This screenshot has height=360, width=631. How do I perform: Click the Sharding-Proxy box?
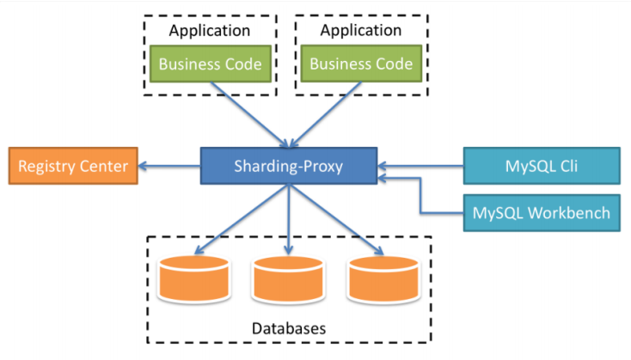click(x=289, y=166)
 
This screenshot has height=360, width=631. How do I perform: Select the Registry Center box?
click(x=73, y=166)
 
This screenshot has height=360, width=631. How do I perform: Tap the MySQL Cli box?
click(x=542, y=166)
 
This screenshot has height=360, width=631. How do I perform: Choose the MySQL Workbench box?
click(x=542, y=213)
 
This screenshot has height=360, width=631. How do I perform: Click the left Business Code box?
click(x=210, y=64)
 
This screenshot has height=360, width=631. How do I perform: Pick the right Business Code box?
click(x=361, y=64)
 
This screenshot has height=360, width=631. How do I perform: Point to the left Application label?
click(x=209, y=31)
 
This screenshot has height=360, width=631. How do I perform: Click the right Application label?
click(x=360, y=30)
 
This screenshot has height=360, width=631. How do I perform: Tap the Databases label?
click(x=289, y=328)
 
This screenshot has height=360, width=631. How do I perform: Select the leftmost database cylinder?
click(x=194, y=278)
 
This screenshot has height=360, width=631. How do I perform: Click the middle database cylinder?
click(x=288, y=279)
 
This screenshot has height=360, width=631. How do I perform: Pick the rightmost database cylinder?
click(x=383, y=279)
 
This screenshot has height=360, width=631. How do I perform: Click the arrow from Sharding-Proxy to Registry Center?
click(x=169, y=166)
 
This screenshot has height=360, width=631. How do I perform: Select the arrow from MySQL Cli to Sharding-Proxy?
click(x=420, y=166)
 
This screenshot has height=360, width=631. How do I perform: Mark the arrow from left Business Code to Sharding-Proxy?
click(x=250, y=115)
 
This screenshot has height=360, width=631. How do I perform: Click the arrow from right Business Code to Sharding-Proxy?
click(x=325, y=115)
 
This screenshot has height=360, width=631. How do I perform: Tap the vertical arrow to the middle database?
click(x=289, y=220)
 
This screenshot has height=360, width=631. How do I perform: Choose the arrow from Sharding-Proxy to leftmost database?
click(x=241, y=220)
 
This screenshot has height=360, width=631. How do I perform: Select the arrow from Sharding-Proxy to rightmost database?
click(x=336, y=220)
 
